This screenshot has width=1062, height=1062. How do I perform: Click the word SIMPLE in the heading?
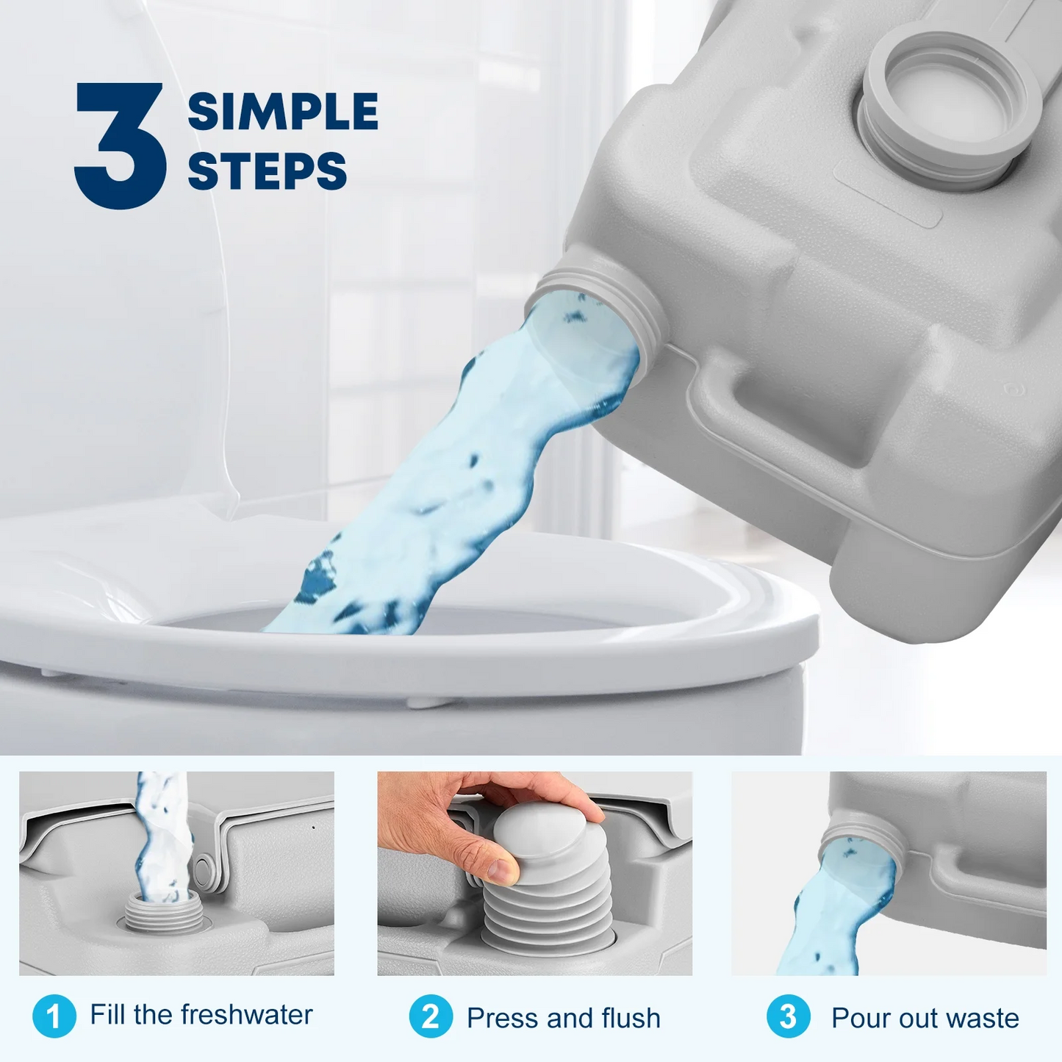click(282, 112)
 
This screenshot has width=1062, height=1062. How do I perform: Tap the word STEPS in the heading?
click(267, 171)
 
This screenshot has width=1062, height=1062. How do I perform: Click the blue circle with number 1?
click(54, 1016)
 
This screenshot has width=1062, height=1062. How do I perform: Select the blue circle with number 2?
click(431, 1016)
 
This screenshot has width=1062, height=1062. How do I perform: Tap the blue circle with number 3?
click(788, 1016)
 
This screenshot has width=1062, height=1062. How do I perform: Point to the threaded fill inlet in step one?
click(153, 914)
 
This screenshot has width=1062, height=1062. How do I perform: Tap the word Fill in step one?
click(107, 1015)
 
